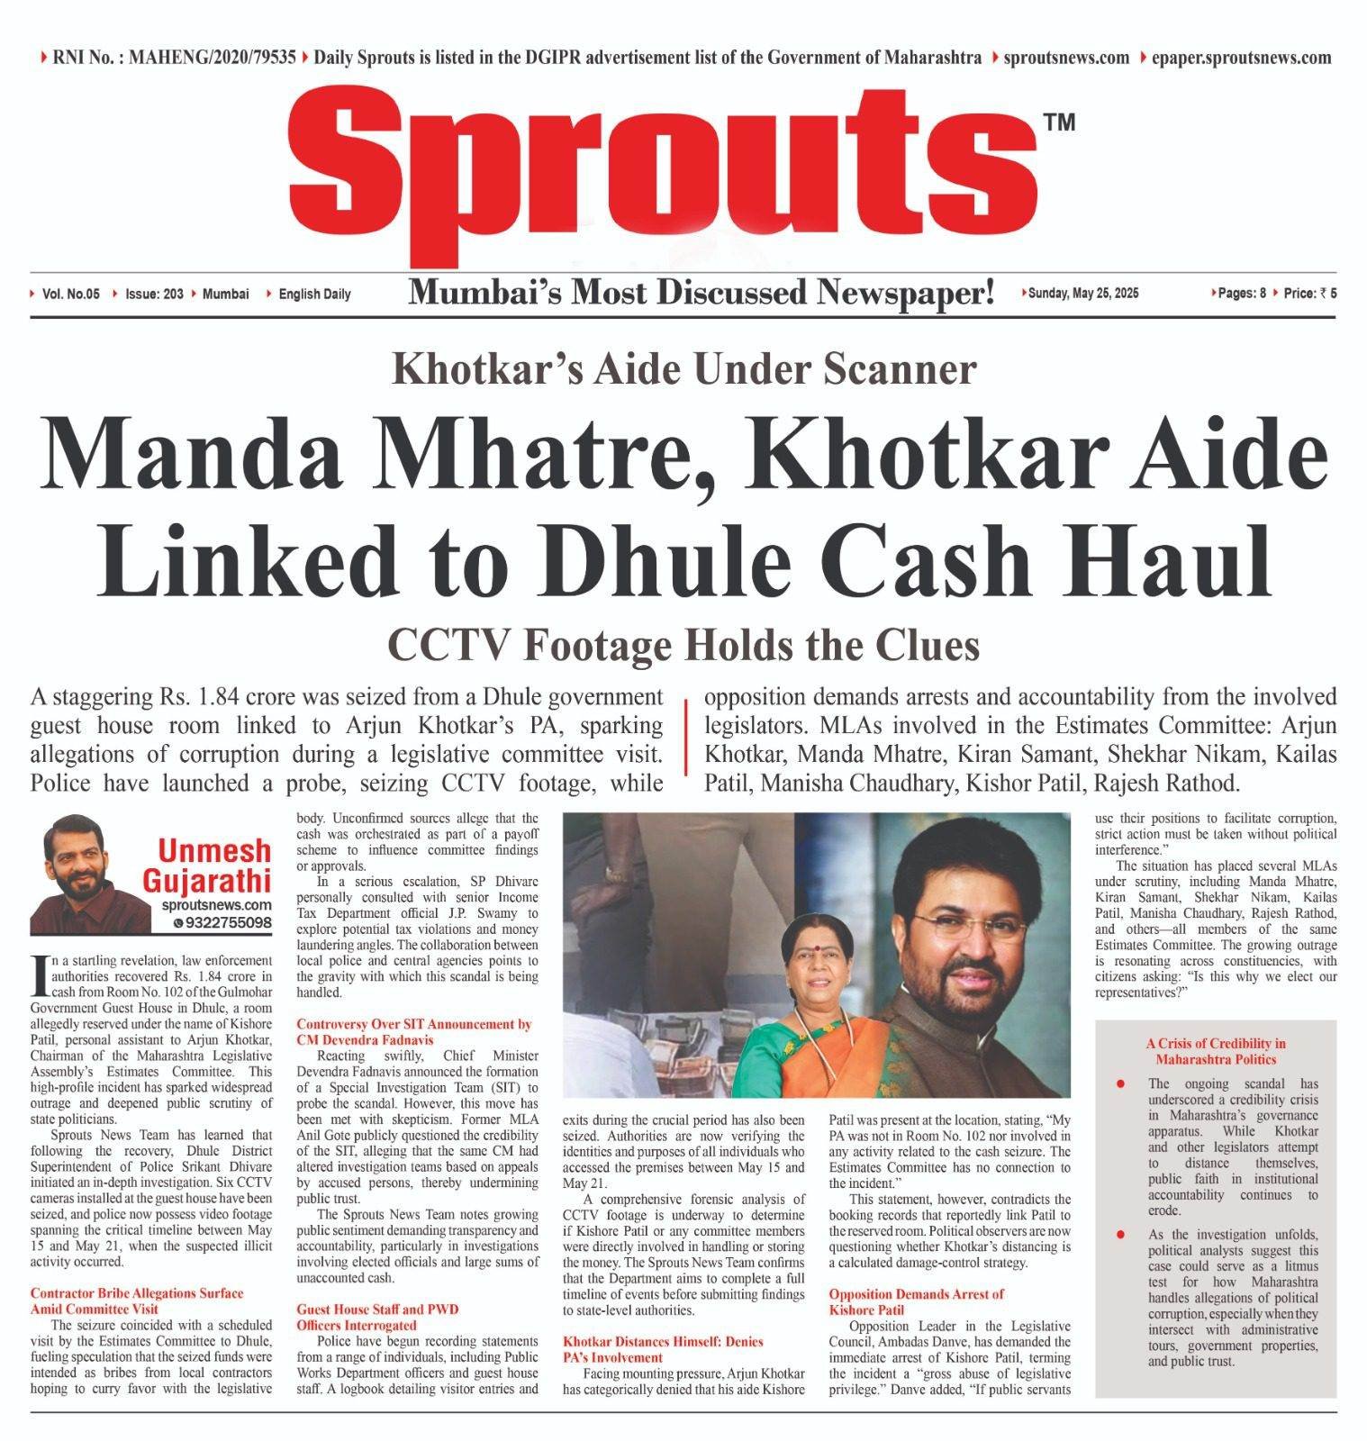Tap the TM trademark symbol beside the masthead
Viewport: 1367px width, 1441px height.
point(1059,122)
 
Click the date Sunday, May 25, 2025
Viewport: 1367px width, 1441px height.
point(1083,293)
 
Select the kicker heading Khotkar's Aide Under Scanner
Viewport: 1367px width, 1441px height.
point(684,369)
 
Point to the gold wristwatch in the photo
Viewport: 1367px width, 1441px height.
point(618,872)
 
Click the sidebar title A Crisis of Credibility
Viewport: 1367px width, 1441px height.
point(1216,1051)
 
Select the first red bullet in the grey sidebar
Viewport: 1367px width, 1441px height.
point(1119,1083)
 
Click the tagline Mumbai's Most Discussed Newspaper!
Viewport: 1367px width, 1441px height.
point(702,292)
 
